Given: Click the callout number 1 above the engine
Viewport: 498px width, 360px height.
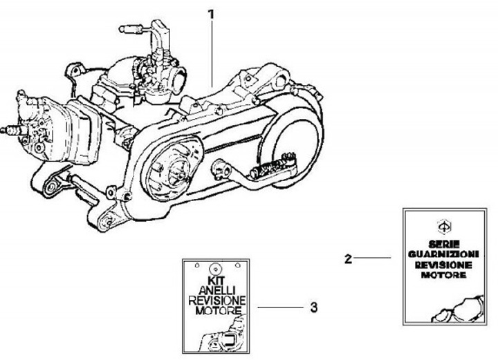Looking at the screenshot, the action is click(211, 15).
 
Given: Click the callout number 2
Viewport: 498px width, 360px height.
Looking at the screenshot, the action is click(348, 259).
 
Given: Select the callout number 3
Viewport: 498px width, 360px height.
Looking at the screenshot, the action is click(313, 307).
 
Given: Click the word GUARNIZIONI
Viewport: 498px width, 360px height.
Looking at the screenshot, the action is click(443, 254).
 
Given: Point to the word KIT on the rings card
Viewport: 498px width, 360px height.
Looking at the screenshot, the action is click(216, 281).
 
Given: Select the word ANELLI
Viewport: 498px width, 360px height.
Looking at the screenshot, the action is click(217, 290).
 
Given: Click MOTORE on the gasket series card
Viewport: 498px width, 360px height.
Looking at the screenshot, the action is click(443, 275).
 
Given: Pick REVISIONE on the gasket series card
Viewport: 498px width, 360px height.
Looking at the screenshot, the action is click(443, 265).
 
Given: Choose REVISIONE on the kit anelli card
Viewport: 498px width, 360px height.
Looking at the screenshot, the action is click(217, 300).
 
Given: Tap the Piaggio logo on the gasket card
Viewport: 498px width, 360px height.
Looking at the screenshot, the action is click(444, 227).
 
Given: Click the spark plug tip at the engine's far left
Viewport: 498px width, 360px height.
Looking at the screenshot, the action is click(3, 130).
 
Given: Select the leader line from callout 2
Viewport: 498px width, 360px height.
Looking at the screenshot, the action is click(372, 258).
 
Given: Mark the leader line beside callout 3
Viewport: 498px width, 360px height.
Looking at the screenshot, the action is click(280, 307).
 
